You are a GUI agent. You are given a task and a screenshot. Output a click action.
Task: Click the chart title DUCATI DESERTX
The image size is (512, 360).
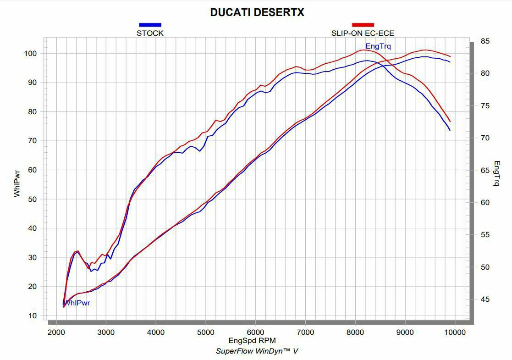tap(257, 12)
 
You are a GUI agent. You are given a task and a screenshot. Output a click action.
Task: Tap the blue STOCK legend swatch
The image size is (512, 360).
tap(150, 25)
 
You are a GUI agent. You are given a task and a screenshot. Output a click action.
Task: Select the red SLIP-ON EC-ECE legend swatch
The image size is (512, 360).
tap(363, 25)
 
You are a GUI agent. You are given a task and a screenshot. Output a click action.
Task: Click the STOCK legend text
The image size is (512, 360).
tap(150, 33)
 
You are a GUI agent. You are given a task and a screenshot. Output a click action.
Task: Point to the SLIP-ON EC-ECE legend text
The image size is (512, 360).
tap(363, 33)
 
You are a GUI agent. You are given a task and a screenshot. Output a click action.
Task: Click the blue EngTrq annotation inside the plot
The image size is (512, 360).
tap(378, 46)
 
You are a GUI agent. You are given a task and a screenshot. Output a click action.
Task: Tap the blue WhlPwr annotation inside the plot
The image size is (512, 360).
tap(77, 303)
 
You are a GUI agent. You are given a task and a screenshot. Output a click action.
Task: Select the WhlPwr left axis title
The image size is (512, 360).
tap(17, 184)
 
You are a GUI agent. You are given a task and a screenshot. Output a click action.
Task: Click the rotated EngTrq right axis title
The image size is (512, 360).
tap(496, 173)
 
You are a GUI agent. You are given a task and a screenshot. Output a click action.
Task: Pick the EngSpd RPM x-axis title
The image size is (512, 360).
tap(252, 341)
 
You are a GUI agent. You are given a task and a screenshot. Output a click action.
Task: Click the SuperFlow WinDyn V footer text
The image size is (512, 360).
tap(257, 351)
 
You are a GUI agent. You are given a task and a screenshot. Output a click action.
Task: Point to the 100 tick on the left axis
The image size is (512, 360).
tap(31, 54)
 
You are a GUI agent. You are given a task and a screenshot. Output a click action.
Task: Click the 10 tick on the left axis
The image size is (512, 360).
tap(33, 316)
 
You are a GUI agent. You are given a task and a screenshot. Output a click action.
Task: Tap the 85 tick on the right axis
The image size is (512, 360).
tap(485, 42)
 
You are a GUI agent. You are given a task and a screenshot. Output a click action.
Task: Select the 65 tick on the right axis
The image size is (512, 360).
tap(485, 171)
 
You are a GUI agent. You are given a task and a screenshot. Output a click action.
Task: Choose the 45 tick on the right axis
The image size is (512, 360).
tap(485, 299)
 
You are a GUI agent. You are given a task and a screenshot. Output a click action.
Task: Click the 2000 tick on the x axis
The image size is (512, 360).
tap(56, 333)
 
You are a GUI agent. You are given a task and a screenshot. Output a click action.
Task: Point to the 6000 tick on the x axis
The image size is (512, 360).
tap(255, 333)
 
